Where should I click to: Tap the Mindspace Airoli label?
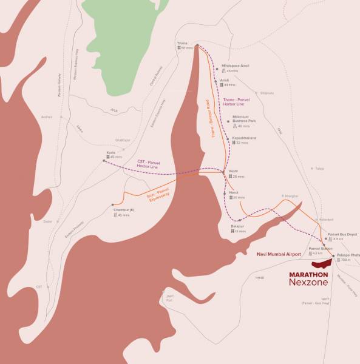click(x=236, y=66)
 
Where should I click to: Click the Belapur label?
click(x=237, y=226)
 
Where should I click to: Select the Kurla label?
click(x=111, y=152)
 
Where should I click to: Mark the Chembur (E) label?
click(x=123, y=211)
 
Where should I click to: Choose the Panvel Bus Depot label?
click(x=342, y=234)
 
